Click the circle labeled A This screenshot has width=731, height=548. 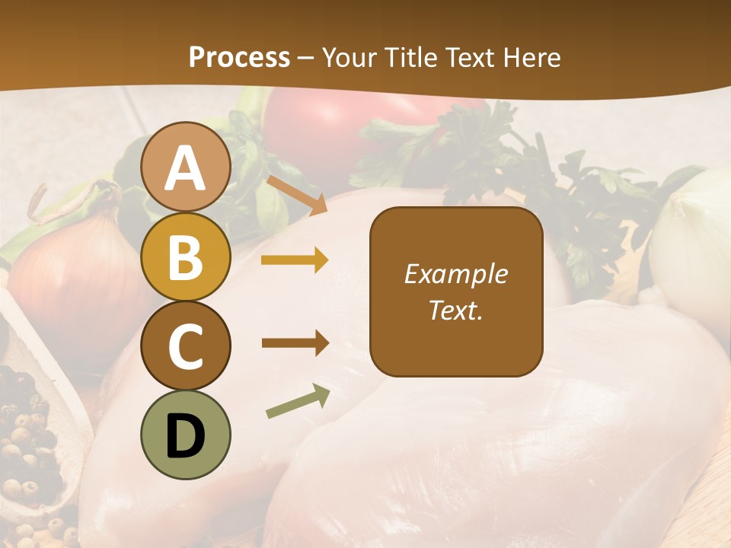[186, 167]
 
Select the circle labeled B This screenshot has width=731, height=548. [186, 256]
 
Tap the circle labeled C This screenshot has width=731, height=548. [186, 346]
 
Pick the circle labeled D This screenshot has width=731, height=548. [186, 435]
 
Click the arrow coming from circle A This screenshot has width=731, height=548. [297, 195]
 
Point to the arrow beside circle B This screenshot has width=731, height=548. [295, 260]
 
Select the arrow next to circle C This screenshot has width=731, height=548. [295, 343]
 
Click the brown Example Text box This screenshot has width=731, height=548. [456, 292]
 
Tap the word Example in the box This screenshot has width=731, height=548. [456, 274]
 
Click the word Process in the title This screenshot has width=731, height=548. [239, 57]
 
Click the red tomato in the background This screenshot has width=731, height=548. [320, 129]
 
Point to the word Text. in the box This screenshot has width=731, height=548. [456, 311]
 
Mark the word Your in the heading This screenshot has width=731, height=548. [350, 57]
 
